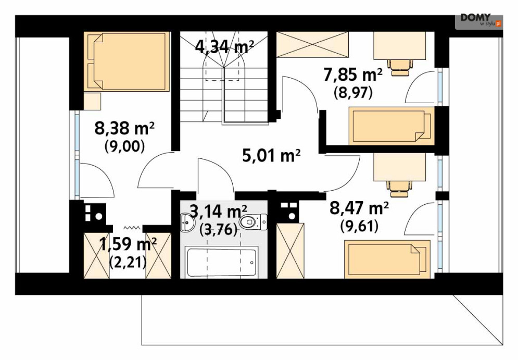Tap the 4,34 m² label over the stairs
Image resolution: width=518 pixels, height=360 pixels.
[224, 46]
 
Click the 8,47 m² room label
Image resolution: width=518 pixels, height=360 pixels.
[359, 209]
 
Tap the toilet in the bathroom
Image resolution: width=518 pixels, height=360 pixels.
[253, 223]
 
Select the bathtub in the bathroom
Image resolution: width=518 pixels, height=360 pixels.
[222, 263]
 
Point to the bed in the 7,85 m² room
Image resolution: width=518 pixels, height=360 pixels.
[391, 125]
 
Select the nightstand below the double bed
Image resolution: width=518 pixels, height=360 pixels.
[93, 101]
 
